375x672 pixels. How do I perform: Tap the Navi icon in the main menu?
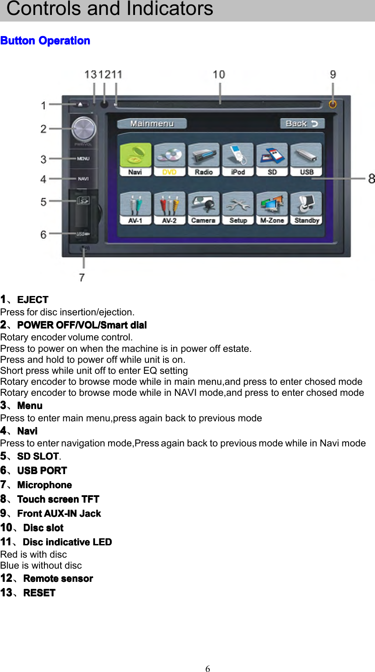coord(135,159)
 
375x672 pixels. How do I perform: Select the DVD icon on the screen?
coord(170,159)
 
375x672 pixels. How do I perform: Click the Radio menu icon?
coord(204,159)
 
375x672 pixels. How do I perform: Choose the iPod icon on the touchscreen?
coord(238,159)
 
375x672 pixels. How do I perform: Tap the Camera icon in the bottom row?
coord(204,208)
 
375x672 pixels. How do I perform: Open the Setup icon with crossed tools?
coord(238,208)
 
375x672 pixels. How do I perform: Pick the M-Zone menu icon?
coord(272,208)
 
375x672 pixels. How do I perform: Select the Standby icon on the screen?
coord(306,208)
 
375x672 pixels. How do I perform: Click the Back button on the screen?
coord(302,124)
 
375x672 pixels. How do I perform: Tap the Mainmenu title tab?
coord(152,124)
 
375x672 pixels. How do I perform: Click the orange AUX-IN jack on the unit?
coord(333,104)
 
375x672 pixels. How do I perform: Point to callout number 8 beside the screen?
coord(371,179)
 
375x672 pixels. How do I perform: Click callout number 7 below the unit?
coord(82,277)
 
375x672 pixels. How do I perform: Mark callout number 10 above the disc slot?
coord(219,75)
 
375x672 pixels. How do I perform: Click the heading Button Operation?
coord(45,41)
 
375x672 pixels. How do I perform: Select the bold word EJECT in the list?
coord(33,300)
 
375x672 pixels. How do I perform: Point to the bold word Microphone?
coord(44,485)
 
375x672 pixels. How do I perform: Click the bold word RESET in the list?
coord(39,593)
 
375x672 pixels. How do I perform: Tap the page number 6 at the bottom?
coord(208,669)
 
